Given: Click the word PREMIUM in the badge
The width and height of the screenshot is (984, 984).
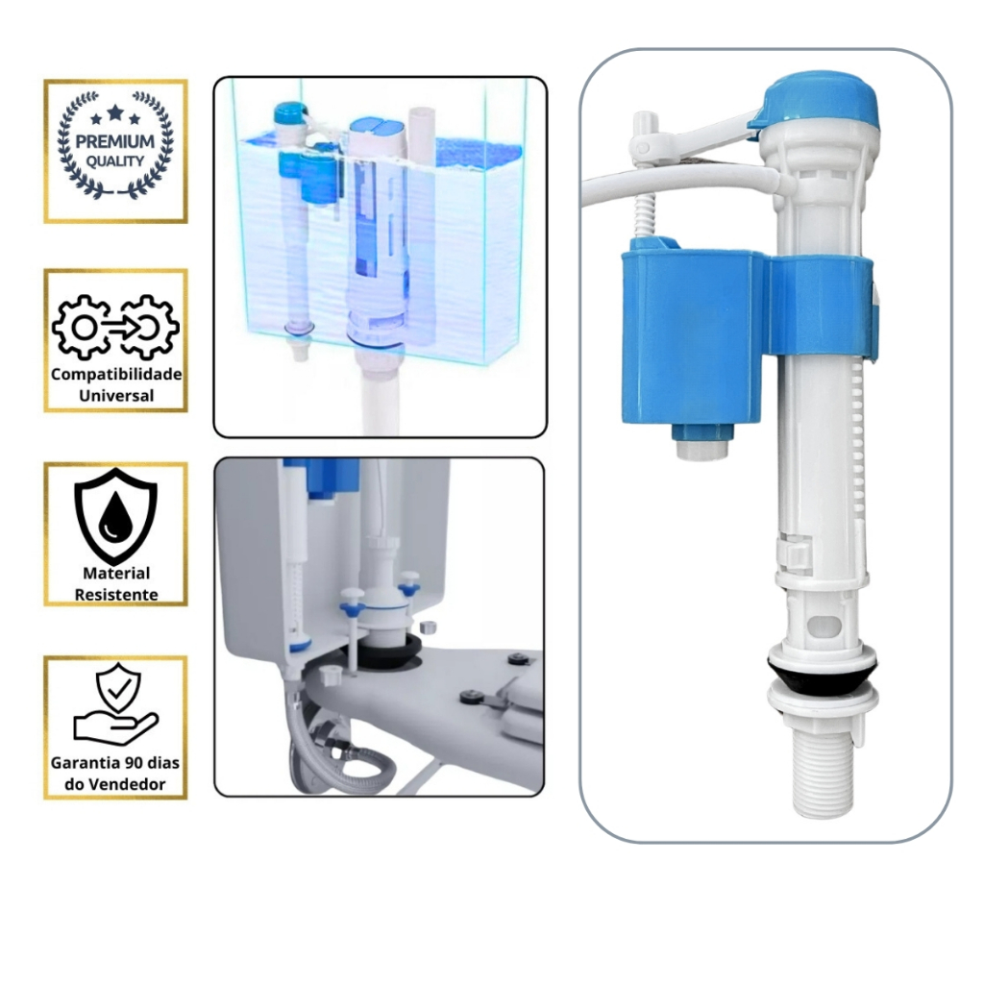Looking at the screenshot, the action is point(115,141).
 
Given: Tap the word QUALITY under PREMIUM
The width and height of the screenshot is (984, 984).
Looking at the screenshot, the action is point(115,161).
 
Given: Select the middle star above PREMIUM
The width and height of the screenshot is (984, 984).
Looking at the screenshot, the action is point(115,113).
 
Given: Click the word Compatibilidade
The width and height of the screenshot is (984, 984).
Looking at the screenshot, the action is point(116,374).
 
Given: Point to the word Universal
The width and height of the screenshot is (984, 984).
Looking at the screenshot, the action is point(116,395).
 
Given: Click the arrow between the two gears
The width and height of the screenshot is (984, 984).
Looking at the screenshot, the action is point(117,327).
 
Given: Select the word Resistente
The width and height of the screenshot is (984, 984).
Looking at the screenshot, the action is point(116,594).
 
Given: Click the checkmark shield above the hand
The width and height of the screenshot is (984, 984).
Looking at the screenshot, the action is point(118,687).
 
